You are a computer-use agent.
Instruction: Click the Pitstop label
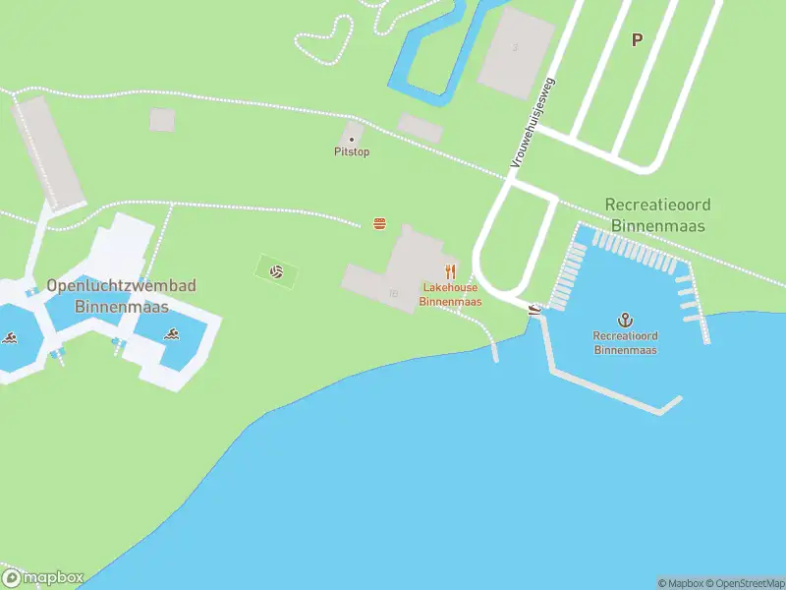click(352, 152)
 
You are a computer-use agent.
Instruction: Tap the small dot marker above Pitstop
click(352, 140)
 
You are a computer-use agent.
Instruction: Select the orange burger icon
click(379, 224)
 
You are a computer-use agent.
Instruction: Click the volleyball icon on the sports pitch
click(277, 270)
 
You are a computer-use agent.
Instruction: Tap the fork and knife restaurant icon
click(450, 271)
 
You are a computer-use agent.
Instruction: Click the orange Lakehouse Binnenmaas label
click(450, 295)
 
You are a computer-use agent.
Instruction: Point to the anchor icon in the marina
click(625, 320)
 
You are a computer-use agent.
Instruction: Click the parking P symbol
click(637, 40)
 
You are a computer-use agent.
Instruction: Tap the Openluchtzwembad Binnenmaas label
click(121, 296)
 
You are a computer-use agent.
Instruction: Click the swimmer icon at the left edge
click(10, 339)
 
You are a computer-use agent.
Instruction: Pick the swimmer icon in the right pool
click(172, 334)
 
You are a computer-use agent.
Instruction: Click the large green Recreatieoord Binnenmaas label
click(658, 215)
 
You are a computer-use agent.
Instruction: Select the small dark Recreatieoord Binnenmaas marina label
click(625, 343)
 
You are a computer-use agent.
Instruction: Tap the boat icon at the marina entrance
click(534, 309)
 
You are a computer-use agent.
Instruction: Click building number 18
click(394, 293)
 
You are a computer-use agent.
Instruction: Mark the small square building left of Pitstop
click(162, 120)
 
